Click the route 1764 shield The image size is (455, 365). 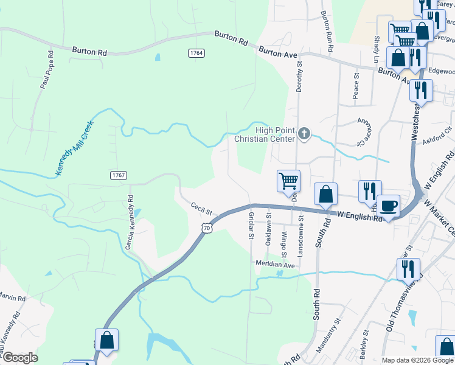196,53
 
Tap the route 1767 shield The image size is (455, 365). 119,175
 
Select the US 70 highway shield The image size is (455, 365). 207,228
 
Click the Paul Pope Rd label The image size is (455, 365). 47,70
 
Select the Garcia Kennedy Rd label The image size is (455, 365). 129,223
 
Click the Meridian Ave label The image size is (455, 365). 274,265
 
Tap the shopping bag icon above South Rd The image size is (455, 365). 325,194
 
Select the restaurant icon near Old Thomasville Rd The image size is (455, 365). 408,268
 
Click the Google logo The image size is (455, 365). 19,358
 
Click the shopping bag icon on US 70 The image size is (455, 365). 106,340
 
